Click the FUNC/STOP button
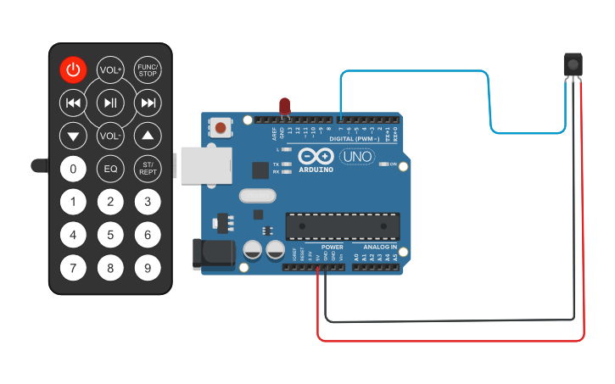click(148, 70)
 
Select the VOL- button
click(110, 136)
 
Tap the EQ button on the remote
click(110, 169)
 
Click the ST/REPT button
click(148, 169)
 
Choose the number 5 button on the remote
click(110, 235)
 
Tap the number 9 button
click(148, 269)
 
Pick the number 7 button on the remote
click(73, 269)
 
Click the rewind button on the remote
click(73, 103)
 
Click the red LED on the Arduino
click(285, 106)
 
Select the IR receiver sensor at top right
click(574, 64)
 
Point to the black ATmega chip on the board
click(342, 225)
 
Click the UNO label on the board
click(356, 156)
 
